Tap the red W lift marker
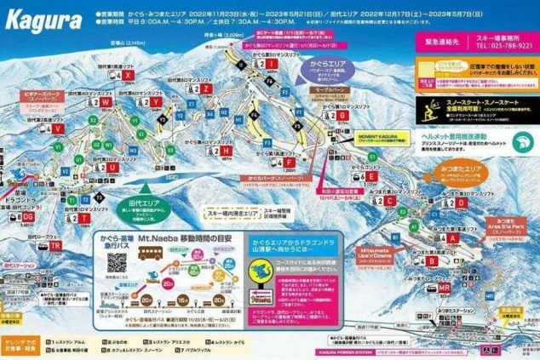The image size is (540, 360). [60, 128]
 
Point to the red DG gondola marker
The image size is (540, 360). [28, 216]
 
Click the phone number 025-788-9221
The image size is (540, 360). [497, 47]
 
